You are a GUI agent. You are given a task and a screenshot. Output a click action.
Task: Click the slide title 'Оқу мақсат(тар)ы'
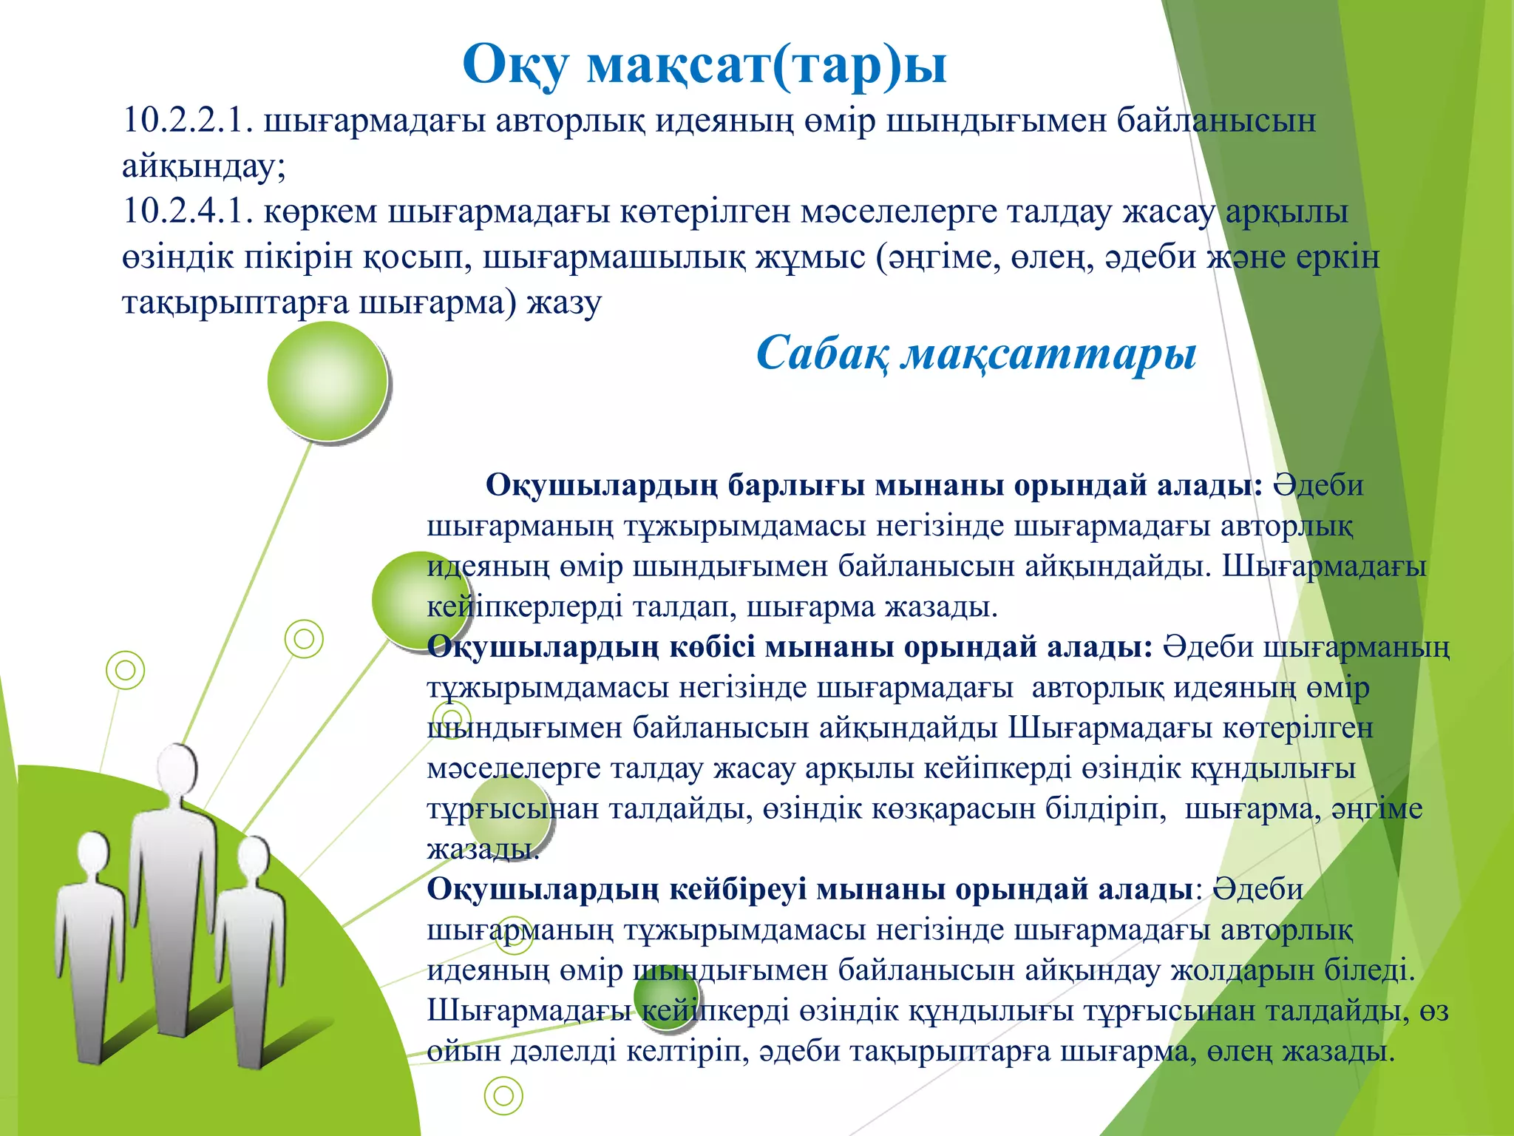(704, 65)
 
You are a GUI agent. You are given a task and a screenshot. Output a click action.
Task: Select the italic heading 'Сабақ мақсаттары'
(976, 354)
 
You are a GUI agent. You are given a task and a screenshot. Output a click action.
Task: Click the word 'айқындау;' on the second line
(203, 166)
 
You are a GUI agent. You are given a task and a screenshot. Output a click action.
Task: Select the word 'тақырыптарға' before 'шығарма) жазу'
(234, 302)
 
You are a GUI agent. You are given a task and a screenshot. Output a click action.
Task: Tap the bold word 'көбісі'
(713, 647)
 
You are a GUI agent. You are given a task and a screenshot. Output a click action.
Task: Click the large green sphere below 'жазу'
(327, 381)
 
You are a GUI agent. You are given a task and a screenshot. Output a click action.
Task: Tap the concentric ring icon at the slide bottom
(503, 1095)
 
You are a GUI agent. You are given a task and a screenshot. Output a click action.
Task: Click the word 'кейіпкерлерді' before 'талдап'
(525, 607)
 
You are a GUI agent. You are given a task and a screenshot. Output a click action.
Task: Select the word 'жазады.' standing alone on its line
(483, 849)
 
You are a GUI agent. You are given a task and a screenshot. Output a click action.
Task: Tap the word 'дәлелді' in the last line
(563, 1051)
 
